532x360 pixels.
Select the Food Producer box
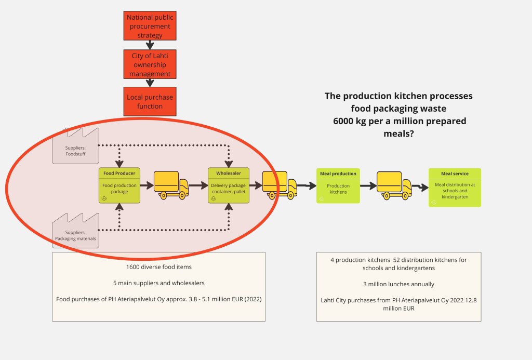click(x=119, y=185)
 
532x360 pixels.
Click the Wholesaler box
click(x=229, y=185)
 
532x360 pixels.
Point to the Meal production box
click(x=338, y=185)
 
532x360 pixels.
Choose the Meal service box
click(x=455, y=188)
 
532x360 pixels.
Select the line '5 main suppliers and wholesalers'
click(x=158, y=284)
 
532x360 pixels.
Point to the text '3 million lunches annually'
click(x=398, y=284)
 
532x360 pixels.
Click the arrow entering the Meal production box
click(x=308, y=185)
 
